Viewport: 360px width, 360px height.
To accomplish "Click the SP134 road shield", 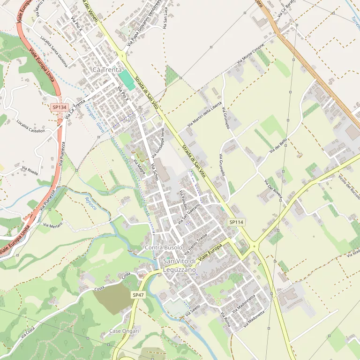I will (x=60, y=107).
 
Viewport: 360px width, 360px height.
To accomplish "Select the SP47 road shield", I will (x=138, y=295).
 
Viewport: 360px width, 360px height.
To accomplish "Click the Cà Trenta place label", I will (x=107, y=69).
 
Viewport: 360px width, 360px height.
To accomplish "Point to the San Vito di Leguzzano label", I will (x=180, y=265).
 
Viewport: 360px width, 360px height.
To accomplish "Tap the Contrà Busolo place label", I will (x=164, y=247).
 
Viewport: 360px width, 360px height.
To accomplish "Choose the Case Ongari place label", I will (x=124, y=331).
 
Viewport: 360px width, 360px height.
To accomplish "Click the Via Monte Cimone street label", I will (x=251, y=54).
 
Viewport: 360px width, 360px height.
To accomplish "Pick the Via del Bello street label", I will (x=278, y=149).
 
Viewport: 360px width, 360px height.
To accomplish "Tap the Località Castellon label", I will (x=30, y=127).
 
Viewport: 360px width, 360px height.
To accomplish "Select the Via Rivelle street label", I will (x=30, y=170).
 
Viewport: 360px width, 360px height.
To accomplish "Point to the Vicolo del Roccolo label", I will (x=349, y=187).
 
